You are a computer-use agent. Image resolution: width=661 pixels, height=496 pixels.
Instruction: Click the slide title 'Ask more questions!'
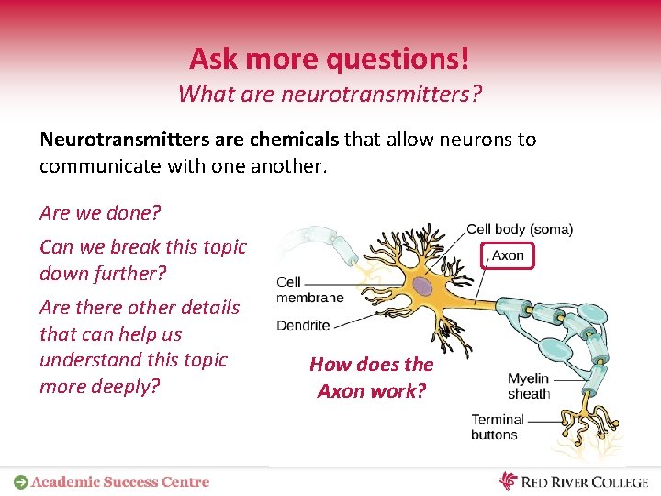[x=330, y=59]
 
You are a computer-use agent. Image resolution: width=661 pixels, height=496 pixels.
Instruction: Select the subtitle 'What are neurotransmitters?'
[x=330, y=94]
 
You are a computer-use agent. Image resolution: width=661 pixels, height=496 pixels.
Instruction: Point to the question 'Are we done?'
[x=100, y=213]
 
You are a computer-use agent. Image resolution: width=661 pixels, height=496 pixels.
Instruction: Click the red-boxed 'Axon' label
[x=508, y=255]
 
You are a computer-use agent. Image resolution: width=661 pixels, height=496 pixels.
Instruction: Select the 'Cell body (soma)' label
[x=520, y=230]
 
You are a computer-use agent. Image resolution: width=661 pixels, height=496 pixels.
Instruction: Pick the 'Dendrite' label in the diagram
[x=303, y=325]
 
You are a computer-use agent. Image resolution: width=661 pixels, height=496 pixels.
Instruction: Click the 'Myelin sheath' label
[x=528, y=386]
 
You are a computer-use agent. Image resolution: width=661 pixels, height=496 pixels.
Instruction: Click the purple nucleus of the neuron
[x=421, y=287]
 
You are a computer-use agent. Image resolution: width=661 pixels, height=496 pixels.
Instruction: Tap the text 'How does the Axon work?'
[x=371, y=378]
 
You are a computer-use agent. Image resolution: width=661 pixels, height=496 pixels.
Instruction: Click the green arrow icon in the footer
[x=20, y=481]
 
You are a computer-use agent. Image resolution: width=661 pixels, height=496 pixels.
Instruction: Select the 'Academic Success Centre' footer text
[x=120, y=481]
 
